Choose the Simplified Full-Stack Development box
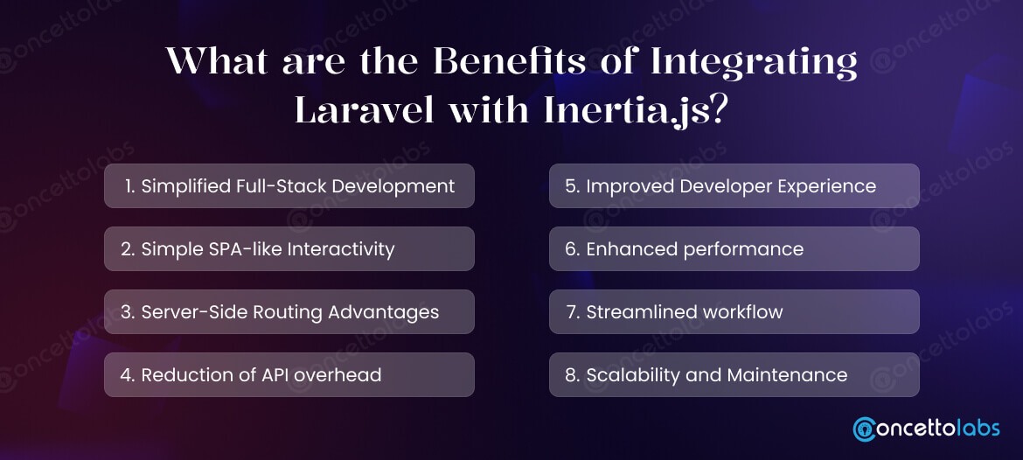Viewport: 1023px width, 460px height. coord(289,186)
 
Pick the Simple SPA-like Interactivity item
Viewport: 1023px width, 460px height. coord(289,249)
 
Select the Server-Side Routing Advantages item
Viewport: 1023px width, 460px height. coord(289,312)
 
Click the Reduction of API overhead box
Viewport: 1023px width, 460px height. coord(289,375)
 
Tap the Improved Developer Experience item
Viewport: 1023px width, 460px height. coord(734,186)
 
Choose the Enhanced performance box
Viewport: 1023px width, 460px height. coord(734,249)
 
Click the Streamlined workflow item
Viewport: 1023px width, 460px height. coord(734,312)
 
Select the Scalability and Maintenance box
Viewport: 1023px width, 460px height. coord(734,375)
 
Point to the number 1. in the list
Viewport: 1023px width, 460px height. coord(130,186)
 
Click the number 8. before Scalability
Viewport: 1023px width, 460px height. coord(573,375)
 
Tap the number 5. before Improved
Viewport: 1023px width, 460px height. coord(573,186)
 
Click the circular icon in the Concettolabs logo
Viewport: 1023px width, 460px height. coord(864,429)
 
